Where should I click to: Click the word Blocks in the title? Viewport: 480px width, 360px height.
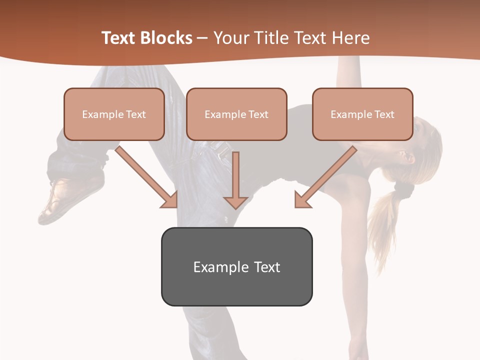click(166, 38)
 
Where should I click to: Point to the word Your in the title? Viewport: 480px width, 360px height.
click(229, 38)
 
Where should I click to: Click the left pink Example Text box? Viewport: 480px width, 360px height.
click(114, 114)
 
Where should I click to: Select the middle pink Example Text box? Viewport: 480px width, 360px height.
click(236, 114)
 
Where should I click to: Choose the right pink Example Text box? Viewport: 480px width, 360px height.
click(362, 114)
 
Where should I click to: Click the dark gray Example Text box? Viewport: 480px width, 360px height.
click(236, 266)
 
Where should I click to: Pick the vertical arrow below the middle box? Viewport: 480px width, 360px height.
click(235, 180)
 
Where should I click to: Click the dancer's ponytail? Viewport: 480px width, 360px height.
click(382, 220)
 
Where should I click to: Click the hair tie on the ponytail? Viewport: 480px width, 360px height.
click(403, 189)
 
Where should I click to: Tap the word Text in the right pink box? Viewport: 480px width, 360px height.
click(384, 114)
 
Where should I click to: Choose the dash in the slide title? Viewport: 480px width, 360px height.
click(202, 38)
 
